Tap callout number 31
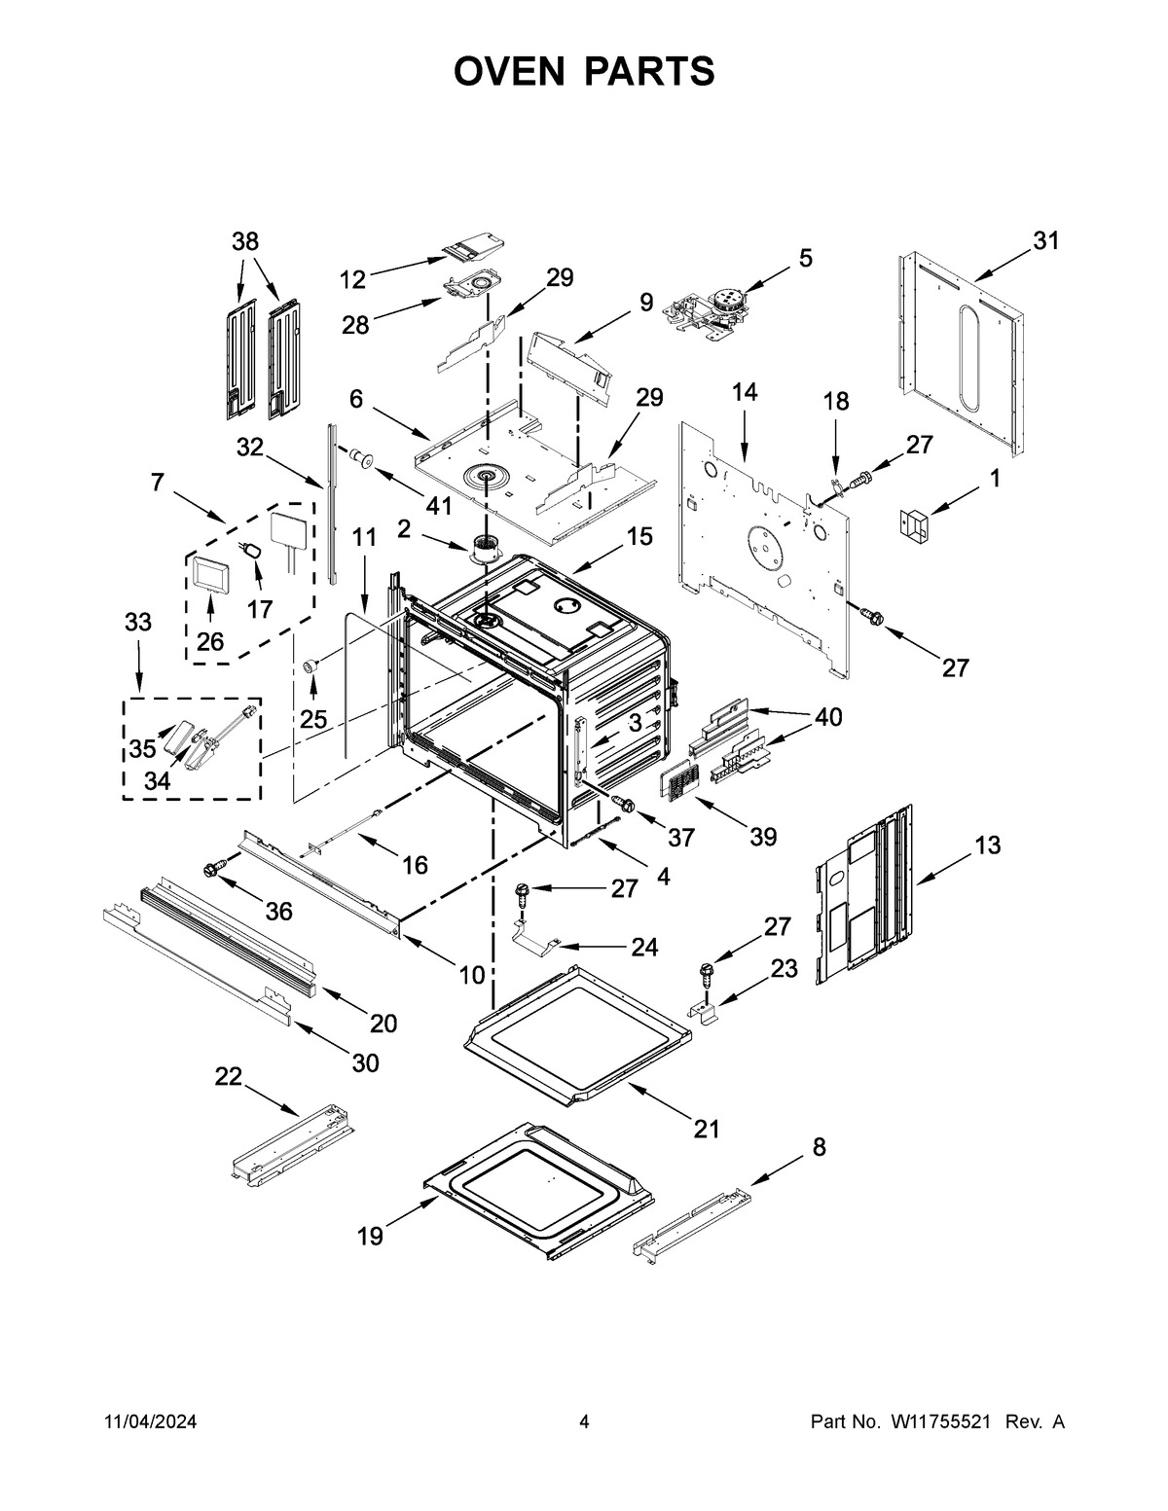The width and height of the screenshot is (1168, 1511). click(x=1045, y=241)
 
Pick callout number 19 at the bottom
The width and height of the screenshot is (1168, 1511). click(x=370, y=1237)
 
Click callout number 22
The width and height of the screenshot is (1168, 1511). click(x=228, y=1076)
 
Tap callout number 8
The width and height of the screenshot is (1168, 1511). click(x=819, y=1147)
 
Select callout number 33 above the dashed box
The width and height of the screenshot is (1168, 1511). click(x=138, y=623)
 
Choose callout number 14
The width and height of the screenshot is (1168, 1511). click(x=745, y=392)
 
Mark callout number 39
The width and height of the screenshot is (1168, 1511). click(x=763, y=836)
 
